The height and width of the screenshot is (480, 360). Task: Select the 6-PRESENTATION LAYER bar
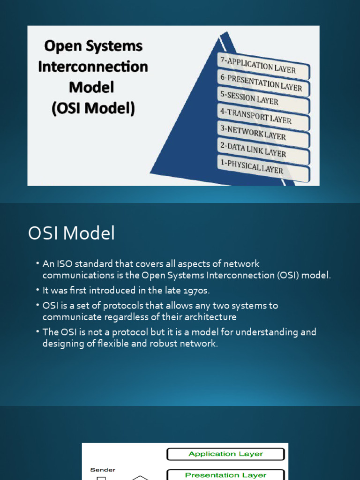(x=262, y=82)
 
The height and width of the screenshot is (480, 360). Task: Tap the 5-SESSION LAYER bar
(x=262, y=98)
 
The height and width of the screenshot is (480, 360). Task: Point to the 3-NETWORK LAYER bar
(x=262, y=133)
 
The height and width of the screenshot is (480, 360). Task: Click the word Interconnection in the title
(x=93, y=67)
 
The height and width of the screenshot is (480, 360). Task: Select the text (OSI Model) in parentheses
(x=93, y=108)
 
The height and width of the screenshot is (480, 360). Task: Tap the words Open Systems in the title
(x=93, y=46)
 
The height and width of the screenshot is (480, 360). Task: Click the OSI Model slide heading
(x=71, y=233)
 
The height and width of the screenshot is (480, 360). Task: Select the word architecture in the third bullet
(x=209, y=317)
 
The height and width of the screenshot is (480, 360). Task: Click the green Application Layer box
(x=225, y=454)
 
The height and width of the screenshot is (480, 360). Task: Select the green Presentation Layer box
(x=225, y=474)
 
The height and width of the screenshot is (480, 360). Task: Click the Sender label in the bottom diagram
(x=103, y=469)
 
